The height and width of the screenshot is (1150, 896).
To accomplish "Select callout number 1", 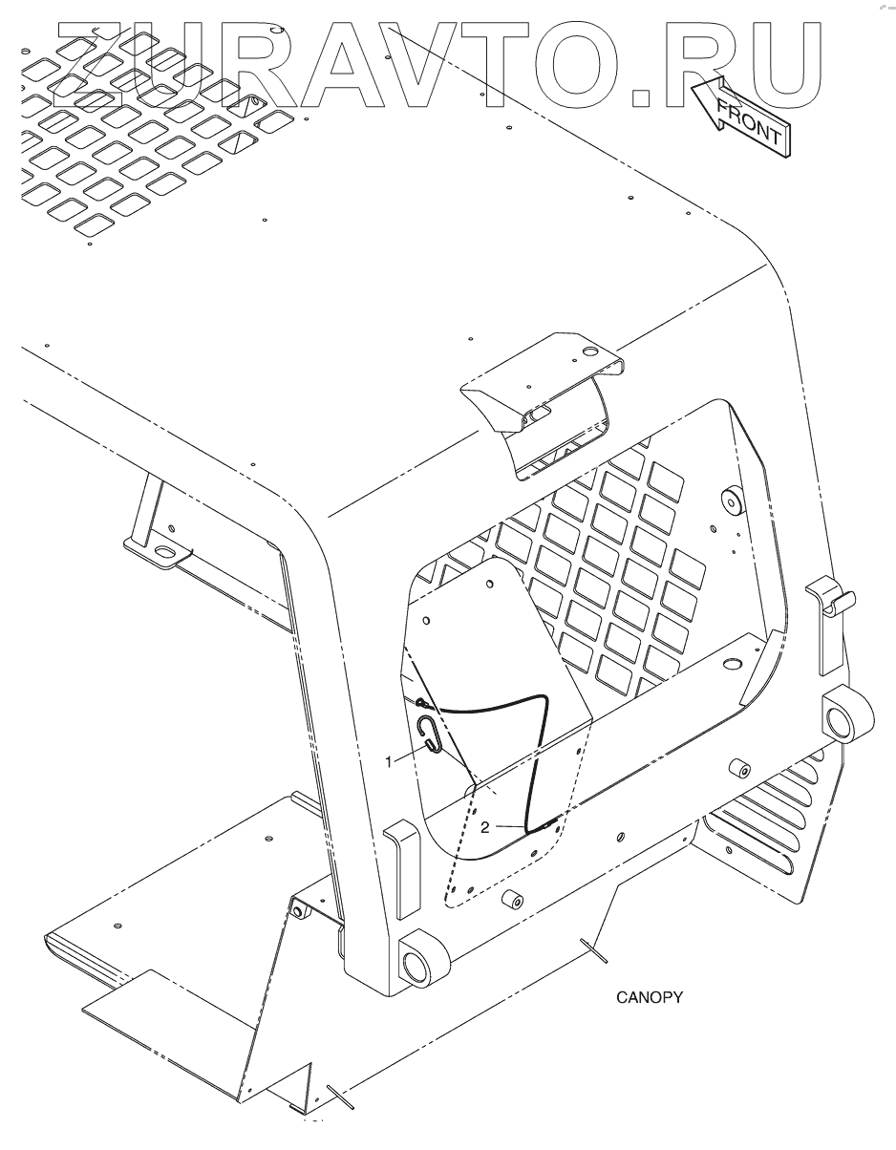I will pos(389,761).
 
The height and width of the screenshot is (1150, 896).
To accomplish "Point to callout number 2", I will pos(485,827).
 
